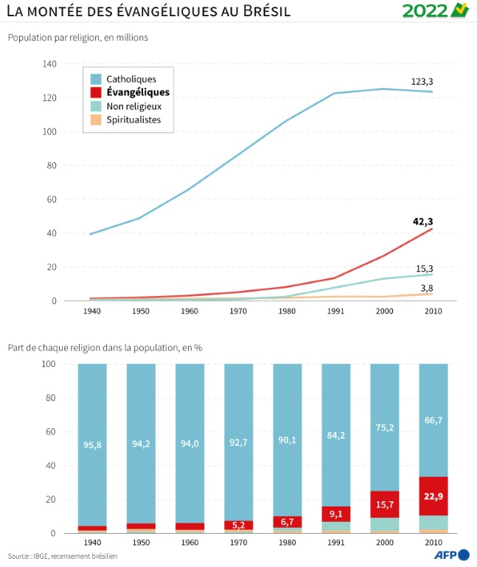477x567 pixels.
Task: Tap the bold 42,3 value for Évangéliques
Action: [x=422, y=220]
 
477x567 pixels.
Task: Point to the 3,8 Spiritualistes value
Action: [x=425, y=288]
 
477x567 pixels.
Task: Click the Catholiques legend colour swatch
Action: [x=96, y=78]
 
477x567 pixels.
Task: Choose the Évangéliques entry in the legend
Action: [x=138, y=92]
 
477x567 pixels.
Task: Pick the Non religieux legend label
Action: [x=133, y=106]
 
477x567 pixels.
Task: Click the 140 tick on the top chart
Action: [x=50, y=64]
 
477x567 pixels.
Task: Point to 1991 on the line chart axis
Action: [x=335, y=312]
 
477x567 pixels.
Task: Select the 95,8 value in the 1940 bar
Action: [x=91, y=444]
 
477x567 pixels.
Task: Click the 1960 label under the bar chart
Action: [x=189, y=543]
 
